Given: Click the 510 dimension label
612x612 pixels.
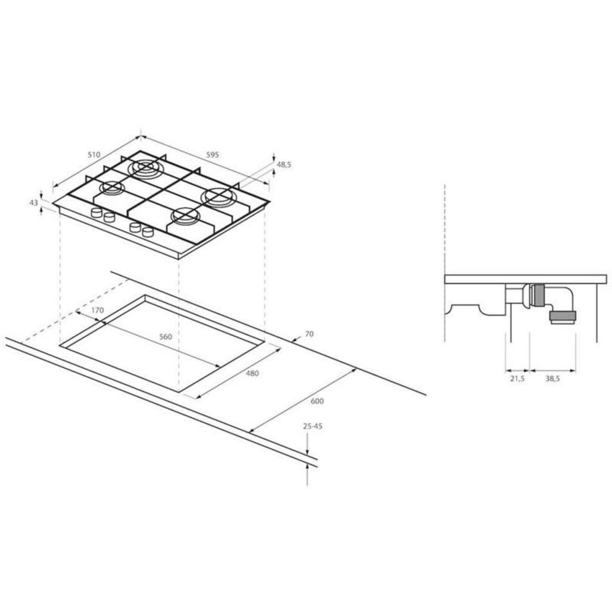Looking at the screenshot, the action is pos(94,155).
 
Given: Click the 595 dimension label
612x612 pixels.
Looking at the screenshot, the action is pos(213,155).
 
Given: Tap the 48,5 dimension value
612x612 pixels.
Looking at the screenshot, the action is pos(284,164).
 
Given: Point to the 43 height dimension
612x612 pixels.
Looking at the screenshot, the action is pos(34,202).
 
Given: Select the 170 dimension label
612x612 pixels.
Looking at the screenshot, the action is pos(97,310).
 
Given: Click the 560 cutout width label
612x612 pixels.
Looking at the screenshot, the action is pos(165,337).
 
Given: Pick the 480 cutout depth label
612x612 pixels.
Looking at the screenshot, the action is pos(252,373).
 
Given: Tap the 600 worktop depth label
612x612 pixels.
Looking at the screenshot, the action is pos(317,401).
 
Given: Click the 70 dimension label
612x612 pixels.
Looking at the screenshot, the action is pos(309,334).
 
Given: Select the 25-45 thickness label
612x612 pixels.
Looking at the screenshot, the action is pos(313,426).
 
